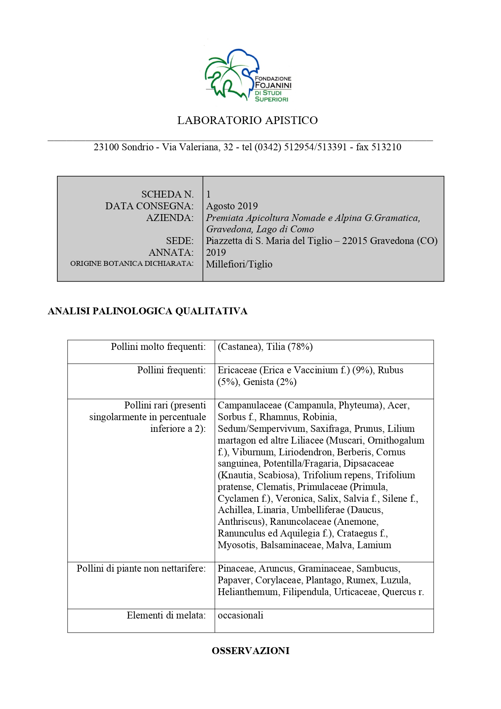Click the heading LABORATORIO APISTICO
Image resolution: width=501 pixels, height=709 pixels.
click(x=247, y=120)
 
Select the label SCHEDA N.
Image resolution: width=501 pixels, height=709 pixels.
click(x=167, y=194)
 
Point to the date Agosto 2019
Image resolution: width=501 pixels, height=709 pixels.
click(x=232, y=206)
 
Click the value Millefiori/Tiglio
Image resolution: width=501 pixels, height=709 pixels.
click(x=239, y=264)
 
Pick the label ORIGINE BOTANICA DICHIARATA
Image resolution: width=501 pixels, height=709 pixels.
click(x=132, y=264)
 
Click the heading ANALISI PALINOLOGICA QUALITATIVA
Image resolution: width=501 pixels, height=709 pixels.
click(x=147, y=311)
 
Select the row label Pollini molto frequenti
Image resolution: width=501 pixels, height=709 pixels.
click(x=158, y=347)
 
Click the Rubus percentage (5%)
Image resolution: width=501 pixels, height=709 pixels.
click(x=227, y=382)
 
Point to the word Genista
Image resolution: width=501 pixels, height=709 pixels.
click(x=258, y=382)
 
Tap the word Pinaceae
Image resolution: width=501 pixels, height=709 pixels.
click(x=236, y=568)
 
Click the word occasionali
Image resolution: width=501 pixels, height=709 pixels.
click(x=240, y=615)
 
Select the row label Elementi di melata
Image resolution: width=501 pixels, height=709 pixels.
click(x=166, y=615)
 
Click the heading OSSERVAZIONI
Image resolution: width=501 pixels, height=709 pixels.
click(x=250, y=651)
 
